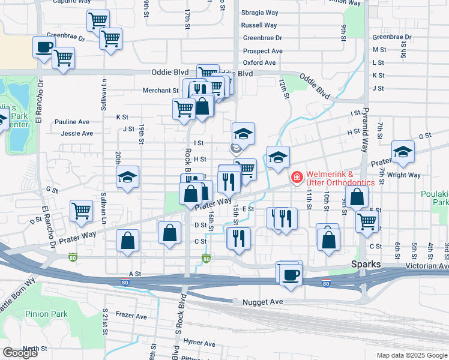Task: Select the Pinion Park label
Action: pyautogui.click(x=46, y=314)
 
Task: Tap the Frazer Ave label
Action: pyautogui.click(x=131, y=316)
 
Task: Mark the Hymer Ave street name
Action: pyautogui.click(x=199, y=343)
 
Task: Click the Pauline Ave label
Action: pyautogui.click(x=71, y=122)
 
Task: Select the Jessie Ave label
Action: pyautogui.click(x=77, y=133)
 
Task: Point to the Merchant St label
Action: pyautogui.click(x=160, y=91)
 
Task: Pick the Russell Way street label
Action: pyautogui.click(x=259, y=25)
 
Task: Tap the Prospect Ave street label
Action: pyautogui.click(x=262, y=51)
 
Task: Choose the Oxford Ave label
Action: pyautogui.click(x=259, y=62)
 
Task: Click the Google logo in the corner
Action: pyautogui.click(x=20, y=353)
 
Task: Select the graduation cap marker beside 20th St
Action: pyautogui.click(x=127, y=177)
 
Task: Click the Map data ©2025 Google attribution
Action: pyautogui.click(x=411, y=355)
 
